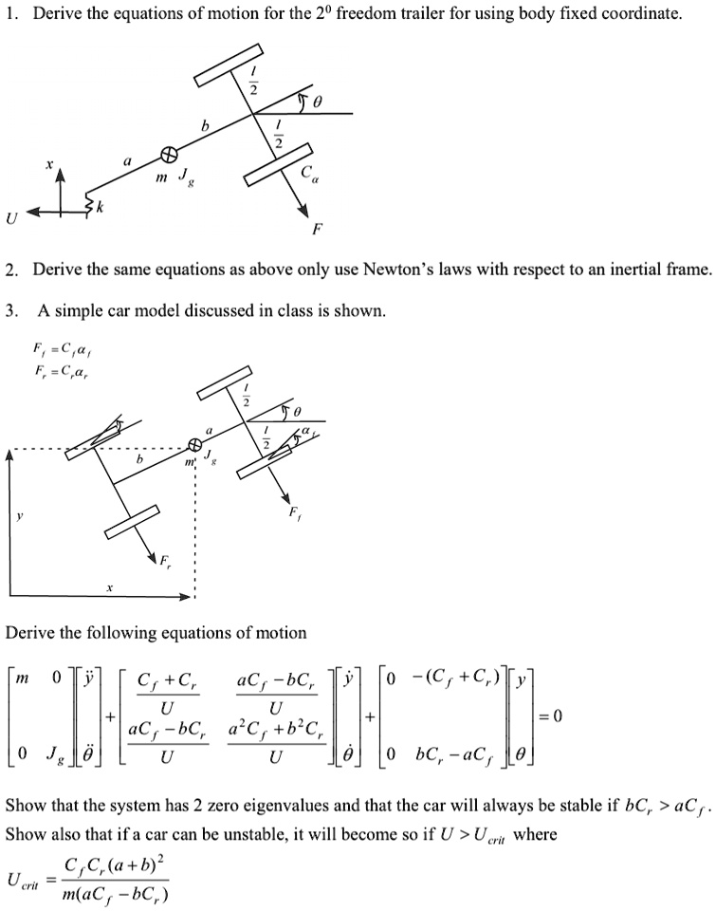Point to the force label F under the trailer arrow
point(318,231)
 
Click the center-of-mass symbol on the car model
point(196,444)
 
